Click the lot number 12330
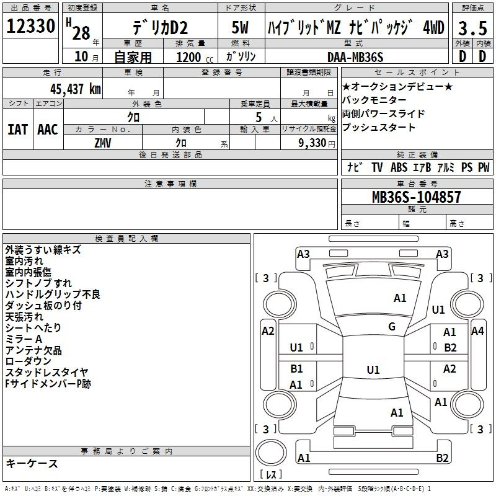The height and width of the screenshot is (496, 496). tap(30, 26)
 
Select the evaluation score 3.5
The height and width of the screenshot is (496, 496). tap(472, 28)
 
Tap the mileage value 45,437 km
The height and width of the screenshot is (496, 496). tap(75, 89)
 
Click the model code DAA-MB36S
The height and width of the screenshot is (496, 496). tap(355, 57)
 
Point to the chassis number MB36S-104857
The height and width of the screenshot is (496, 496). tap(416, 197)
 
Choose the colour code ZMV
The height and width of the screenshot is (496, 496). tap(103, 143)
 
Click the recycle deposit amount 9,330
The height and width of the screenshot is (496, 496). tap(312, 143)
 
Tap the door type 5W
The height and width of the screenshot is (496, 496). tap(240, 27)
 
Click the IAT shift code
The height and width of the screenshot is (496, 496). tap(17, 130)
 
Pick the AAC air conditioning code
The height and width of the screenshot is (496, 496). tap(48, 130)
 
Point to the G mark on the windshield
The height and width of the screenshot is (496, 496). tap(392, 327)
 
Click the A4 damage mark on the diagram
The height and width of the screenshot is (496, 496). tap(477, 331)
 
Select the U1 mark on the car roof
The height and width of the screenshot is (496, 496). tap(373, 370)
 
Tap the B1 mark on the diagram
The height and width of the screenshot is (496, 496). tap(296, 368)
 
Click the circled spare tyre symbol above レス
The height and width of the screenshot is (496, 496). tap(271, 453)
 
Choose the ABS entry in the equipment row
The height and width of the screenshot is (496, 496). tap(399, 167)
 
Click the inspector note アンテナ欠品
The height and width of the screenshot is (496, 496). tap(33, 350)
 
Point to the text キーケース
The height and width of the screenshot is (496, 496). tap(32, 464)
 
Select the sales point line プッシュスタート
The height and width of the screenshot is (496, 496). tap(378, 127)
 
